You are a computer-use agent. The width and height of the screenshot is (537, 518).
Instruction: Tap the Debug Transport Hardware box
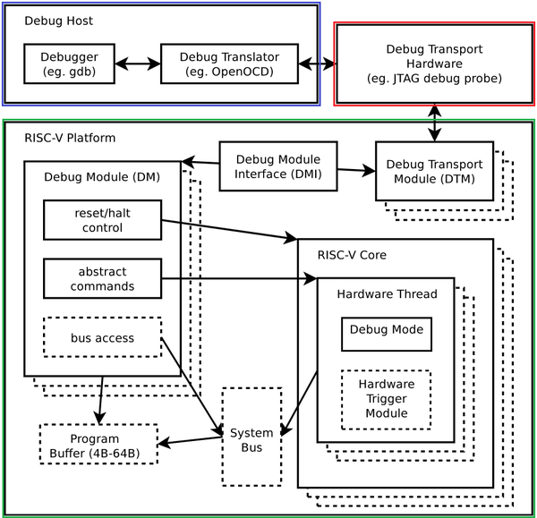pos(433,64)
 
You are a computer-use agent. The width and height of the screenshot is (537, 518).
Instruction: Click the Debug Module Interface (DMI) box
pos(277,166)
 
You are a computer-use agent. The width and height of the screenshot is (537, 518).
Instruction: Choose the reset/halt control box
pos(102,220)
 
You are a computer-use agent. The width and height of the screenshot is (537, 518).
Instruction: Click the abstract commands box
pos(102,279)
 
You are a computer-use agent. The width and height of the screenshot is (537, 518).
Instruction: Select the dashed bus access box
pos(102,338)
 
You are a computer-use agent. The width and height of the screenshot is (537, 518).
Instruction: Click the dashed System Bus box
pos(251,437)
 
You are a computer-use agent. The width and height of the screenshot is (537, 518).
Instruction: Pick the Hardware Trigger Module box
pos(386,399)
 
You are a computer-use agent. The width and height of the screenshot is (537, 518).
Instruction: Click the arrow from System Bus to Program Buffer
pos(190,439)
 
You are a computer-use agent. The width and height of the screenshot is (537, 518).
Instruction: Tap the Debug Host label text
pos(58,21)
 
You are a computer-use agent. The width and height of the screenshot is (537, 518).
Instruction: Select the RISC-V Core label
pos(352,254)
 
